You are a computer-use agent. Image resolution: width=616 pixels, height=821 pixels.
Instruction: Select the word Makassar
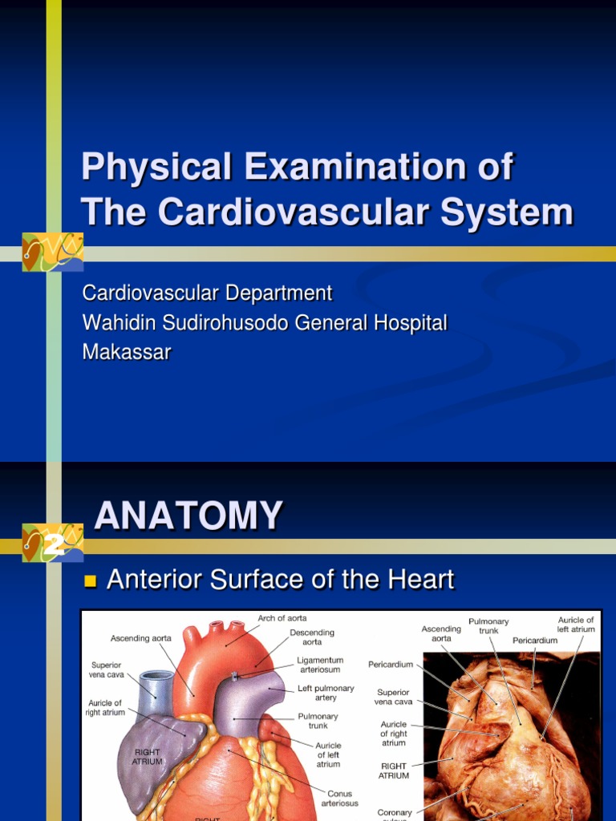pyautogui.click(x=127, y=352)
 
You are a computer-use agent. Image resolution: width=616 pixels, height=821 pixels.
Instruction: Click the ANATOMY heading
pyautogui.click(x=188, y=516)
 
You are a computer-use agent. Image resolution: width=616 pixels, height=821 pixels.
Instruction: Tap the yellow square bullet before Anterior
pyautogui.click(x=90, y=580)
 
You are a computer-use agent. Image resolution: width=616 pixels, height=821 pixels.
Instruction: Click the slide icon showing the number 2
pyautogui.click(x=53, y=544)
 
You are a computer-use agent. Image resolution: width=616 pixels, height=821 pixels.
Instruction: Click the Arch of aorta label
pyautogui.click(x=282, y=618)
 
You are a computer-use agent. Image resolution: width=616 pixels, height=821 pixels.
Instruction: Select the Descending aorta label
pyautogui.click(x=312, y=637)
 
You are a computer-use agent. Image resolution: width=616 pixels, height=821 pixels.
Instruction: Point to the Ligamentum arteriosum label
pyautogui.click(x=320, y=665)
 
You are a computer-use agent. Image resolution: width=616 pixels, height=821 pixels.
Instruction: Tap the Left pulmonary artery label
pyautogui.click(x=326, y=693)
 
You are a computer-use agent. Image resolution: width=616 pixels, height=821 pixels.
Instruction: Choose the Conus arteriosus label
pyautogui.click(x=339, y=798)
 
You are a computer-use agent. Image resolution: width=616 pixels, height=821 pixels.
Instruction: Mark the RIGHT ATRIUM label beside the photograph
pyautogui.click(x=394, y=770)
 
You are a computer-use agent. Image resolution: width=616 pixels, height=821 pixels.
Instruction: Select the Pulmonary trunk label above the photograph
pyautogui.click(x=488, y=626)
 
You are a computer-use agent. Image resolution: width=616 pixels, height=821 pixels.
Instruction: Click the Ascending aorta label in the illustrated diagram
pyautogui.click(x=141, y=638)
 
